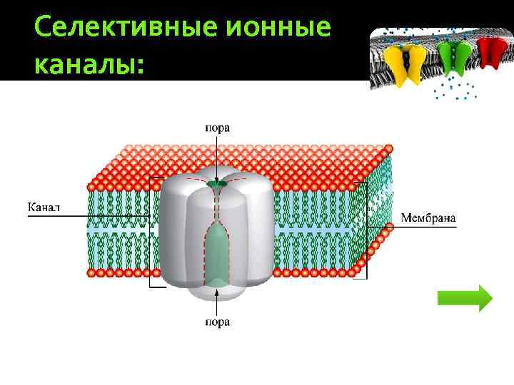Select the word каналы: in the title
[89, 65]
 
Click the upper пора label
[217, 128]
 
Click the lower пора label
[217, 322]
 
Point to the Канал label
[44, 207]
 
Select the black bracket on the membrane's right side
[366, 228]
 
